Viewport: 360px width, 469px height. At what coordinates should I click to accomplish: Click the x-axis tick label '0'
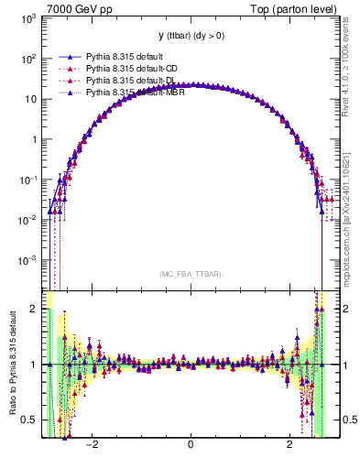tap(190, 445)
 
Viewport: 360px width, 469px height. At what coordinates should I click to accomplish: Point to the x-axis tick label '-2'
tap(91, 445)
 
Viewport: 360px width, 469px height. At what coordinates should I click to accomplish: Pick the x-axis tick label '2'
tap(289, 445)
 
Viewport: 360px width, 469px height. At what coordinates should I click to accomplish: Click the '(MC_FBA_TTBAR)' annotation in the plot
tap(190, 274)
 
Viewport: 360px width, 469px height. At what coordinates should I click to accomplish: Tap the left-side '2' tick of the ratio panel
tap(34, 310)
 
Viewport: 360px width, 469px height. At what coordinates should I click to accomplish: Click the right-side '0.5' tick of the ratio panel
tap(344, 420)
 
